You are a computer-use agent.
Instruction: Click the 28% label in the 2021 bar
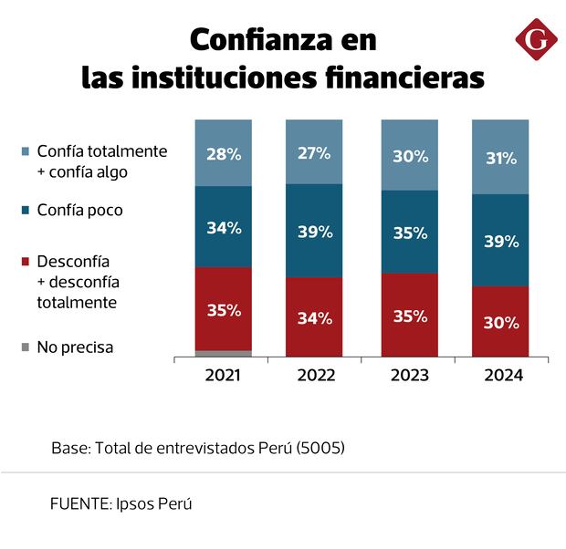224,154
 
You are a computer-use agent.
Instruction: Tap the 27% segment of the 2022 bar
315,153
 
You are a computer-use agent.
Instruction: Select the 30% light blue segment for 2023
410,156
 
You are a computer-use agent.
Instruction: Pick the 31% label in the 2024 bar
501,158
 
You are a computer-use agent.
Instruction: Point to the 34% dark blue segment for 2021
224,227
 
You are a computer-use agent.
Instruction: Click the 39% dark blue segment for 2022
315,232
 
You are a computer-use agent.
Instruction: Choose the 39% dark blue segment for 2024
501,241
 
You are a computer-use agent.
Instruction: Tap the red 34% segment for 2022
315,318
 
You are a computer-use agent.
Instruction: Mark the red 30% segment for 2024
501,322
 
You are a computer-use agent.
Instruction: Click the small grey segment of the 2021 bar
224,353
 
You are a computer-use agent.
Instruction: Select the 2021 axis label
224,375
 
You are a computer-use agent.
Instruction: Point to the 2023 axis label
410,375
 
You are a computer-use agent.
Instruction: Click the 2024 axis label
501,375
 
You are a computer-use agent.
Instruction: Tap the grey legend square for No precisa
25,347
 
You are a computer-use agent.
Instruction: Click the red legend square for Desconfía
25,261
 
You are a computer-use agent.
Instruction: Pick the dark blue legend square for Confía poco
25,210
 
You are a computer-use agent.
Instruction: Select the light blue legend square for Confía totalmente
25,151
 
